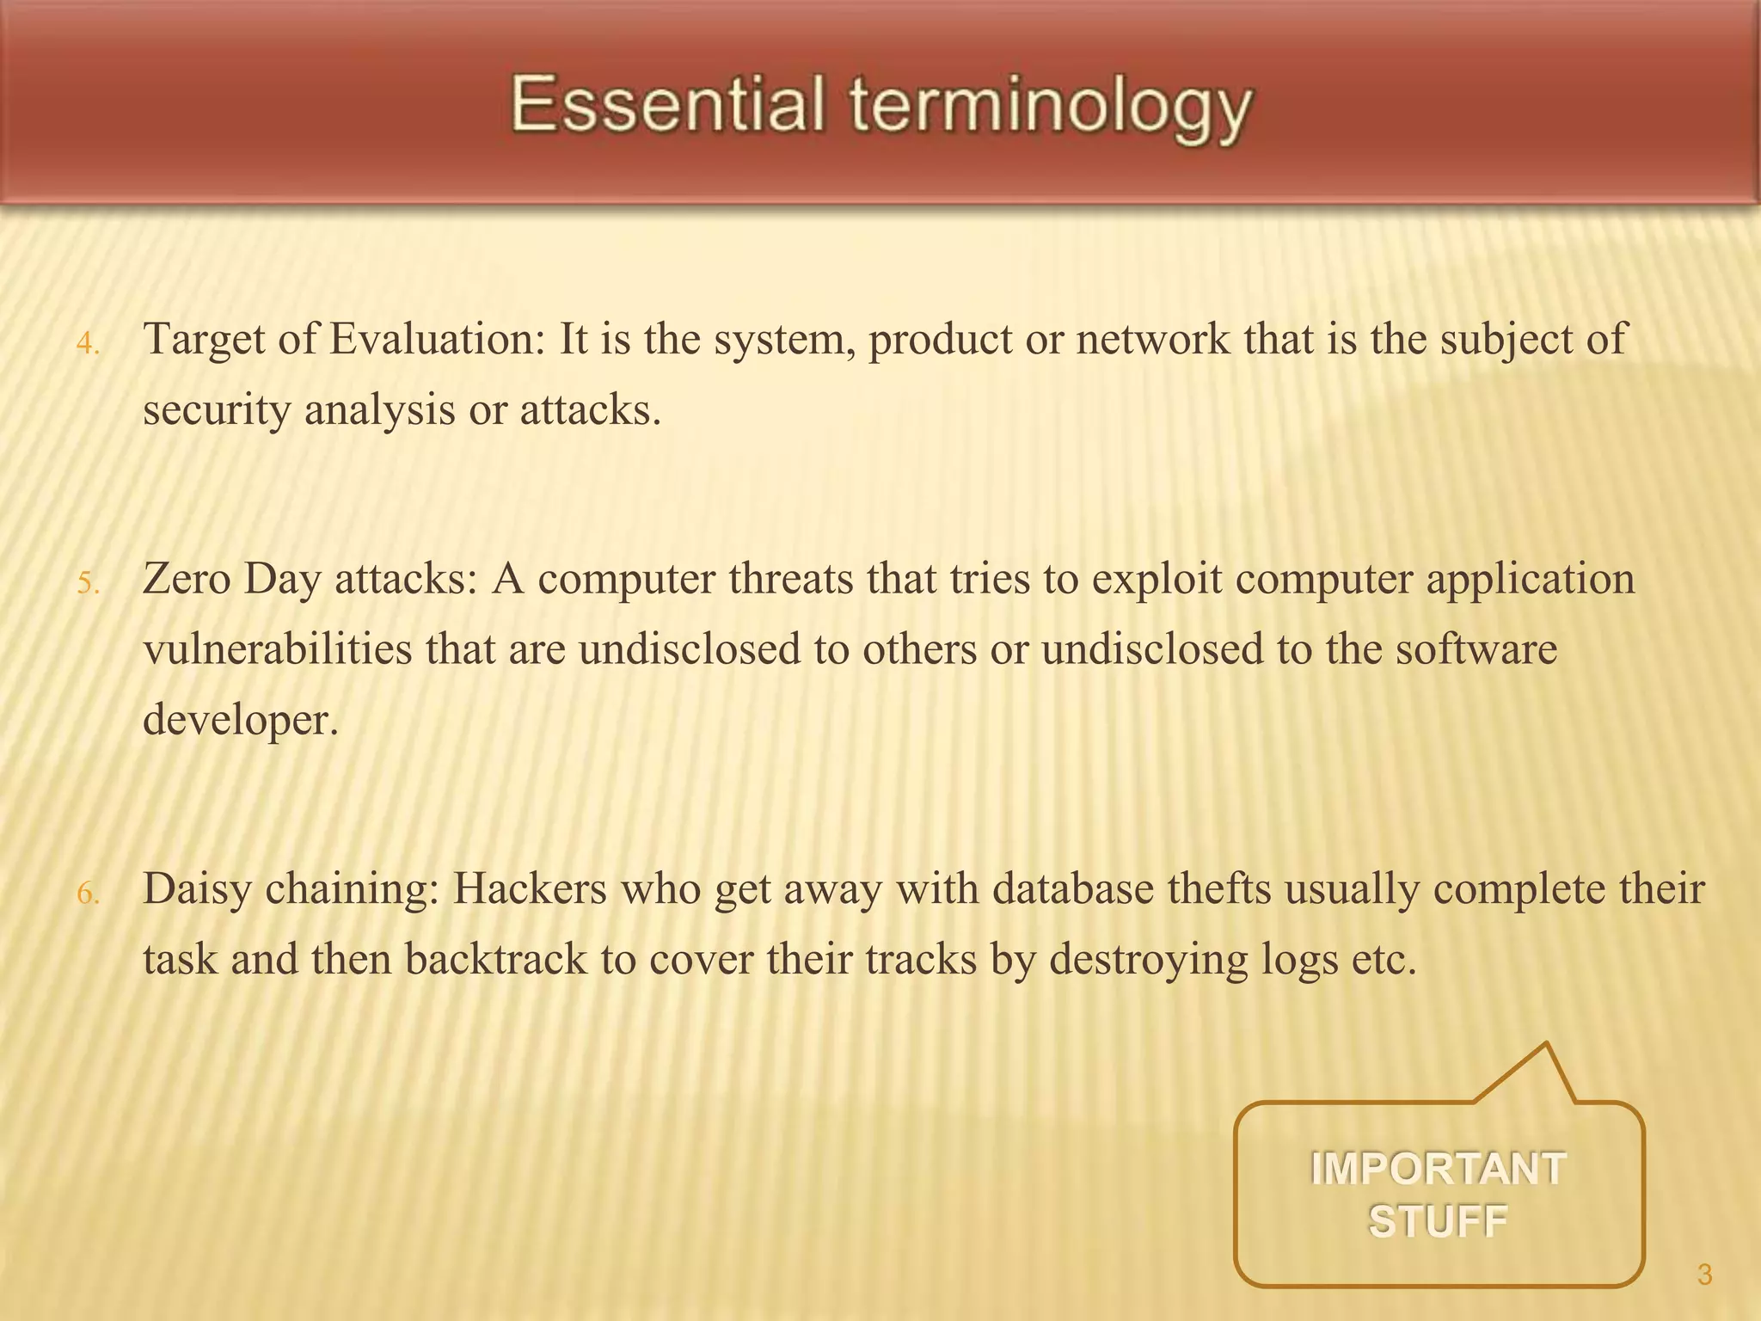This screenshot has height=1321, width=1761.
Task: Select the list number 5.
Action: coord(88,584)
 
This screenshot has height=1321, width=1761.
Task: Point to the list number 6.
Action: coord(88,894)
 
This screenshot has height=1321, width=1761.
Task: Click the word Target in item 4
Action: coord(204,339)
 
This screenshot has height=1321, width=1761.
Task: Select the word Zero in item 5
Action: coord(187,579)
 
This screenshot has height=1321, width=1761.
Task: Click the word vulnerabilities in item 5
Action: coord(278,649)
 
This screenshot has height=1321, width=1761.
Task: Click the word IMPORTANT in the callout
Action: coord(1438,1170)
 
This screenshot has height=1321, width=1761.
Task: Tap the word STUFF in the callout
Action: coord(1438,1221)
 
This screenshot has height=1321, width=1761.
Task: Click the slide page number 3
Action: coord(1705,1275)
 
